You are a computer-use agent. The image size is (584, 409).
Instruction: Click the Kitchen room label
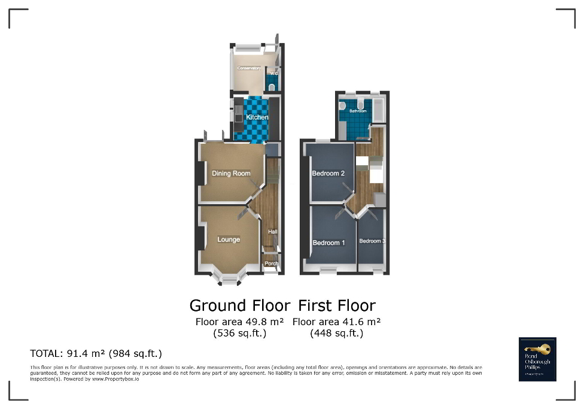click(x=257, y=117)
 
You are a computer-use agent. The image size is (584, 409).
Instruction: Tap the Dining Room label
click(x=231, y=174)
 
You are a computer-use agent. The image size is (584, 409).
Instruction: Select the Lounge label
click(x=229, y=240)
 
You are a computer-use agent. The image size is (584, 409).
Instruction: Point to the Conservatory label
click(x=250, y=68)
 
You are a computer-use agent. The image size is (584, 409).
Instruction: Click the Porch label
click(x=272, y=263)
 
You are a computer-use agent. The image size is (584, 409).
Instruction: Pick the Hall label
click(x=273, y=232)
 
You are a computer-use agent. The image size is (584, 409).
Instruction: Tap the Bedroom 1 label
click(x=329, y=243)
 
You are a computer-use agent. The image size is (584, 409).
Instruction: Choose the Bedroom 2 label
click(x=328, y=174)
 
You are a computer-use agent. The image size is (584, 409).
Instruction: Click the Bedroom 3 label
click(x=372, y=241)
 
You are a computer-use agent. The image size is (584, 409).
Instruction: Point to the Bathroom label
click(x=358, y=111)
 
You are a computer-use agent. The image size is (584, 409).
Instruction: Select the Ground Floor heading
click(x=240, y=305)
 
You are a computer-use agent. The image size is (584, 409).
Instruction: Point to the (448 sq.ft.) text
click(x=337, y=334)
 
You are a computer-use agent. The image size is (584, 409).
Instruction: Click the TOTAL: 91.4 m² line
click(x=96, y=353)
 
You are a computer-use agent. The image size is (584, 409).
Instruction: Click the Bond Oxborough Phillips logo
click(x=537, y=359)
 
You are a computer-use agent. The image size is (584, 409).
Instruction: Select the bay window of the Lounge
click(x=229, y=277)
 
